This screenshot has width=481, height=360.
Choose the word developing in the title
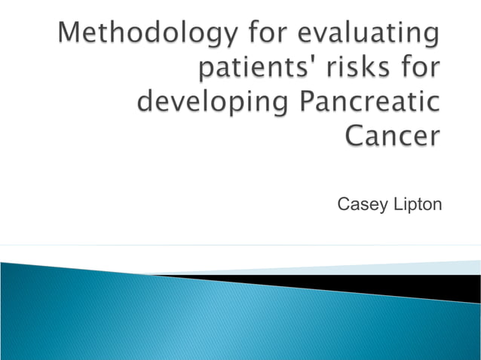(x=210, y=103)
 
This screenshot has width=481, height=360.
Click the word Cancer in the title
(x=392, y=136)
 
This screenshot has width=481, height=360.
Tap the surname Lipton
(x=415, y=205)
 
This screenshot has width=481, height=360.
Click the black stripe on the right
(x=422, y=286)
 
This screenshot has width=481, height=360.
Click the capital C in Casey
(x=343, y=204)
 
